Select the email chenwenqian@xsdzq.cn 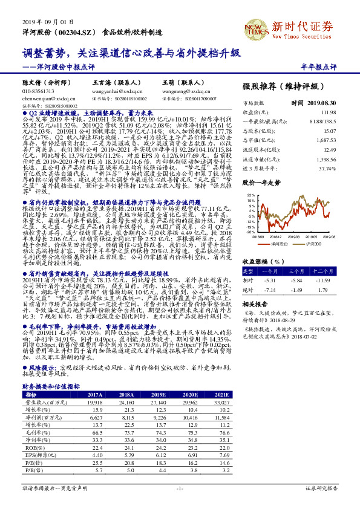[45, 96]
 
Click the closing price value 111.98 [328, 112]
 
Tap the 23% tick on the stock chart [250, 195]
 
